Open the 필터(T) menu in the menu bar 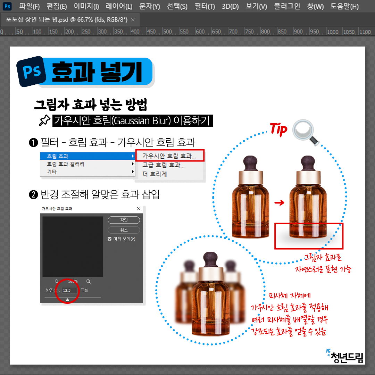(205, 6)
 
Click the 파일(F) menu (30, 6)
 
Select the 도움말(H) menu (344, 6)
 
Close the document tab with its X (133, 20)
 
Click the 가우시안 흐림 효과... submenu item (169, 156)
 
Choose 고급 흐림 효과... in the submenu (164, 165)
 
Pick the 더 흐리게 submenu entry (155, 174)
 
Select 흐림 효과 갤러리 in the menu (66, 164)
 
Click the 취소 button (124, 230)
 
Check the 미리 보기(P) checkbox (109, 239)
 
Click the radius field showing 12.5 (70, 290)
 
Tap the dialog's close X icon (139, 209)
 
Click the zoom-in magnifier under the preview (89, 282)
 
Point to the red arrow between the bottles (279, 203)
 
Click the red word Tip (278, 130)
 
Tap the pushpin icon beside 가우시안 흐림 (44, 120)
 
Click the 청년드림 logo (345, 356)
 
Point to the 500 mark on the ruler (167, 32)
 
